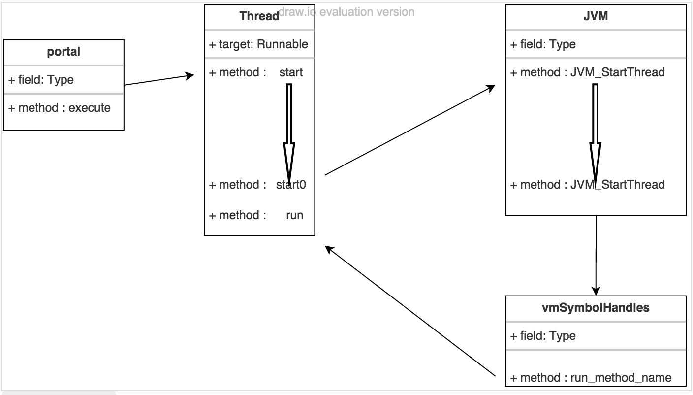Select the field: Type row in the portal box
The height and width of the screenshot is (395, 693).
tap(41, 80)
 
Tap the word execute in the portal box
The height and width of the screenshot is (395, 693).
tap(90, 108)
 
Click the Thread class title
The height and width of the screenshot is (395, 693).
tap(259, 16)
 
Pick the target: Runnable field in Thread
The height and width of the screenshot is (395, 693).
tap(259, 44)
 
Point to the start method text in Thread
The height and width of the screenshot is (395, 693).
tap(291, 72)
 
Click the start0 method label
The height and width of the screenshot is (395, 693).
tap(291, 185)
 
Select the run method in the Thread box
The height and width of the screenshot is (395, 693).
tap(294, 215)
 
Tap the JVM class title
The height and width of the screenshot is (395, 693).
tap(596, 16)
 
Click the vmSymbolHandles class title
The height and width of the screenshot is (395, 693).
tap(596, 308)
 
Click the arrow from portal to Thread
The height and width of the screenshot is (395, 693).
tap(158, 80)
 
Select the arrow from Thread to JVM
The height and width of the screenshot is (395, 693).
tap(409, 130)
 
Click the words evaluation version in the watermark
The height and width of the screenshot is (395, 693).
tap(367, 12)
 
